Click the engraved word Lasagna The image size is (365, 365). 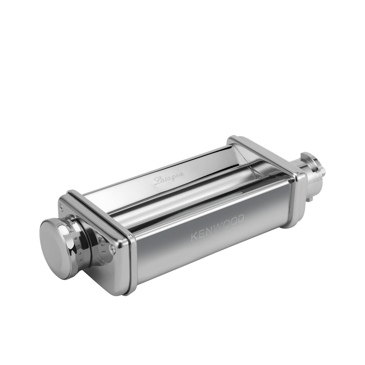[169, 179]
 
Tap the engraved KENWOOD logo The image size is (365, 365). [218, 229]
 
